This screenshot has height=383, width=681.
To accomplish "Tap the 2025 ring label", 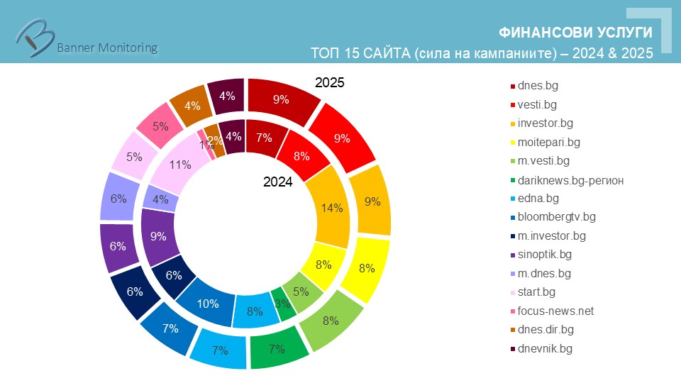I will click(329, 83).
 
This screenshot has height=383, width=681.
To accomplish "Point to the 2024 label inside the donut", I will click(278, 182).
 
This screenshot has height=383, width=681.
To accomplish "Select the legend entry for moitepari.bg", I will click(548, 142).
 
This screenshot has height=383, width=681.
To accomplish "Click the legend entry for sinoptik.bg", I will click(544, 254).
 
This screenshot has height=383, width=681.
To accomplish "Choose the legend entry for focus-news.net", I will click(555, 311).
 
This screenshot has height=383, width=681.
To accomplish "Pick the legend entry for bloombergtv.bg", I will click(556, 216).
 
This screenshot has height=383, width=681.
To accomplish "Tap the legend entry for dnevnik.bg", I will click(544, 348).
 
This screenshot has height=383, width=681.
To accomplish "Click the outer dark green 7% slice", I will click(277, 348).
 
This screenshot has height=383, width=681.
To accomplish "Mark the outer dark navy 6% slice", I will click(133, 291).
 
